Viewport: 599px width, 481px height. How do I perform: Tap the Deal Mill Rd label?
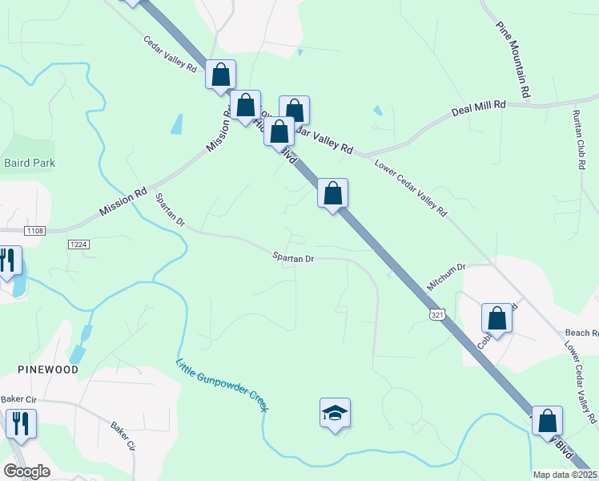tap(479, 106)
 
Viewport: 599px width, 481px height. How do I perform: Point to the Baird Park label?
tap(29, 163)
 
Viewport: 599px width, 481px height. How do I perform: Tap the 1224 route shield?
tap(78, 245)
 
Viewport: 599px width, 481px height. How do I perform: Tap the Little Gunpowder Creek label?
tap(221, 385)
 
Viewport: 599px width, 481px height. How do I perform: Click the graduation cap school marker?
tap(335, 414)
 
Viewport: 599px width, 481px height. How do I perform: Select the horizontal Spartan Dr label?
tap(292, 258)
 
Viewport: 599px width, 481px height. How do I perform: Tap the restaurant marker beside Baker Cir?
tap(21, 422)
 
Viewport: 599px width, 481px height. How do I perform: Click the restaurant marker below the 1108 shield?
tap(8, 260)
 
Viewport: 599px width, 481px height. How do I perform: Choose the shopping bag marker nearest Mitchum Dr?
tap(496, 318)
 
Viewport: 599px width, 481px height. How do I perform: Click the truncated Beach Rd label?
tap(582, 333)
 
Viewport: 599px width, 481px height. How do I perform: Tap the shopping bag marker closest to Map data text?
tap(547, 420)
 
